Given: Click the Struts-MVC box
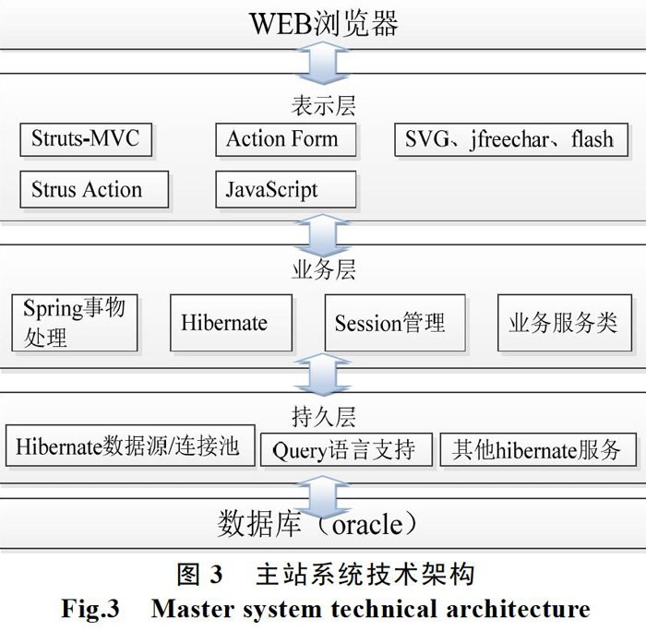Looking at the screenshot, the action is coord(86,139).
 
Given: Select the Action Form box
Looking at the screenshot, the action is coord(286,139).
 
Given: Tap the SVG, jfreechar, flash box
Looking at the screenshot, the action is coord(511,139).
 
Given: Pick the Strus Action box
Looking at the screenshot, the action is coord(94,189).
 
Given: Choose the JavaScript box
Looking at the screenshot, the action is coord(286,189).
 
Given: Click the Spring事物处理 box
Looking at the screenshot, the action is coord(75,323).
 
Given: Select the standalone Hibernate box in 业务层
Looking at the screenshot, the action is coord(231,323).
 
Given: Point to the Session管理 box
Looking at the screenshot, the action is coord(395,323).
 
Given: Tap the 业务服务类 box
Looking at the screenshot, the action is coord(565,323).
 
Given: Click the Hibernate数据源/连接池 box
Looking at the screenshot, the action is coord(130,446).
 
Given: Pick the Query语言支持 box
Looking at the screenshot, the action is coord(346,450).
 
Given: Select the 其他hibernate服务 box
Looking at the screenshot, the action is coord(538,450).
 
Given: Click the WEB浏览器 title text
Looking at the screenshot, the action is coord(324,23).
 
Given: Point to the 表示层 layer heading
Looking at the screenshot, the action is coord(323,106).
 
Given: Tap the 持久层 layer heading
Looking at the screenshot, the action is coord(323,417).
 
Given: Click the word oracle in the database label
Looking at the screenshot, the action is coord(367,524).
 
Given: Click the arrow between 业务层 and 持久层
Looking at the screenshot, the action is coord(323,374).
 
